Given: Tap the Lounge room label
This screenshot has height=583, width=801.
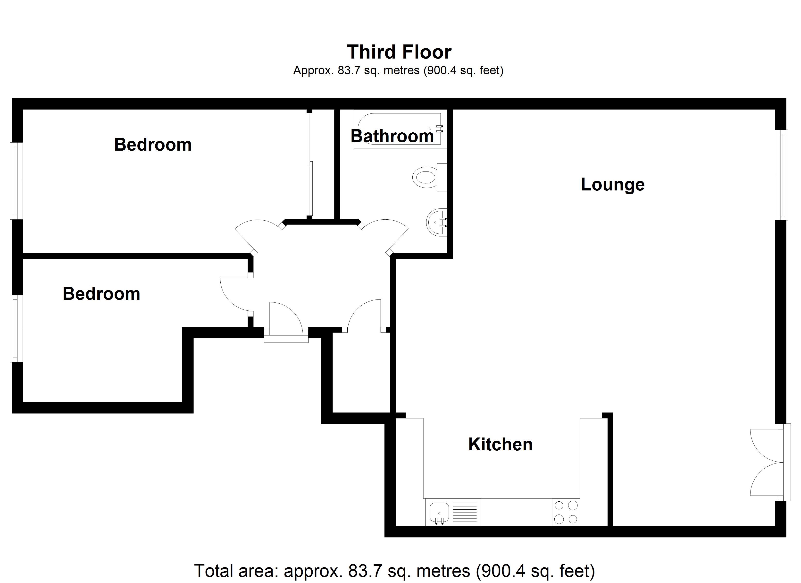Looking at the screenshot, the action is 612,185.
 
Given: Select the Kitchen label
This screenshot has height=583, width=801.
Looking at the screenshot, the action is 500,444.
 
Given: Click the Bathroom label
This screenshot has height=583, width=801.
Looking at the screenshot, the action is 392,136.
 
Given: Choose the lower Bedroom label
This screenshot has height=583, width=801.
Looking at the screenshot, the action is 101,294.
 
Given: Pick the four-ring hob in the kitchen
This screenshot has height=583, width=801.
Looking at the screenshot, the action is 566,512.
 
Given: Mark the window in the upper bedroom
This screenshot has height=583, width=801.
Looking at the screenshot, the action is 16,181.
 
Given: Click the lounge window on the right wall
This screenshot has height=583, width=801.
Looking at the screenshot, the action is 781,175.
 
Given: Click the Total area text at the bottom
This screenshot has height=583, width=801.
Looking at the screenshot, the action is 394,571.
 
